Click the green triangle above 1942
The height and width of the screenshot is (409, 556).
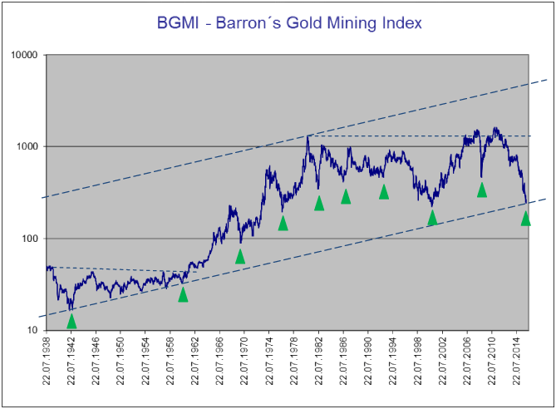(x=71, y=321)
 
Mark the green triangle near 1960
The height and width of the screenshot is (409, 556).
(x=183, y=294)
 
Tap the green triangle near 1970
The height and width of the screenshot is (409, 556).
(x=240, y=256)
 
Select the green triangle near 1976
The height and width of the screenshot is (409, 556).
(x=283, y=223)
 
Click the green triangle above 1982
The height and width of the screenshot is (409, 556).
(x=319, y=203)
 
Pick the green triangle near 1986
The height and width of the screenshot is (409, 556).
(x=346, y=196)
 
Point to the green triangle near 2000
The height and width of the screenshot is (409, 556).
(x=432, y=218)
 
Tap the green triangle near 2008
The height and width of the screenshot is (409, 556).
(x=482, y=190)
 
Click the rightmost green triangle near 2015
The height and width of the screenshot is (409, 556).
(x=525, y=218)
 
